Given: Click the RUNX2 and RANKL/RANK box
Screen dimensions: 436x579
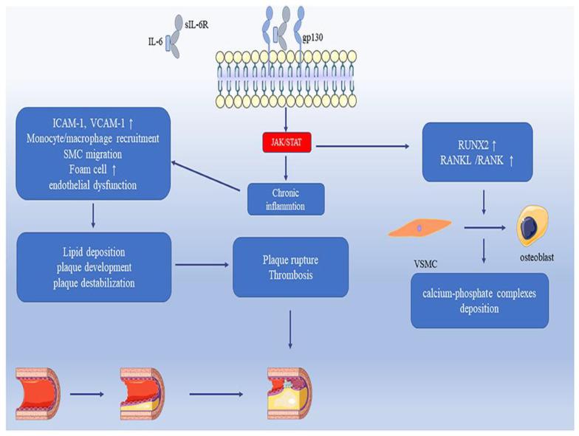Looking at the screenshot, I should pyautogui.click(x=476, y=152).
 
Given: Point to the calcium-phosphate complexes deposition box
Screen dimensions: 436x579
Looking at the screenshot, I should pyautogui.click(x=479, y=301).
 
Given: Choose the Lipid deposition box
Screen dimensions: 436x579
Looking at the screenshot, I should pyautogui.click(x=93, y=267).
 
